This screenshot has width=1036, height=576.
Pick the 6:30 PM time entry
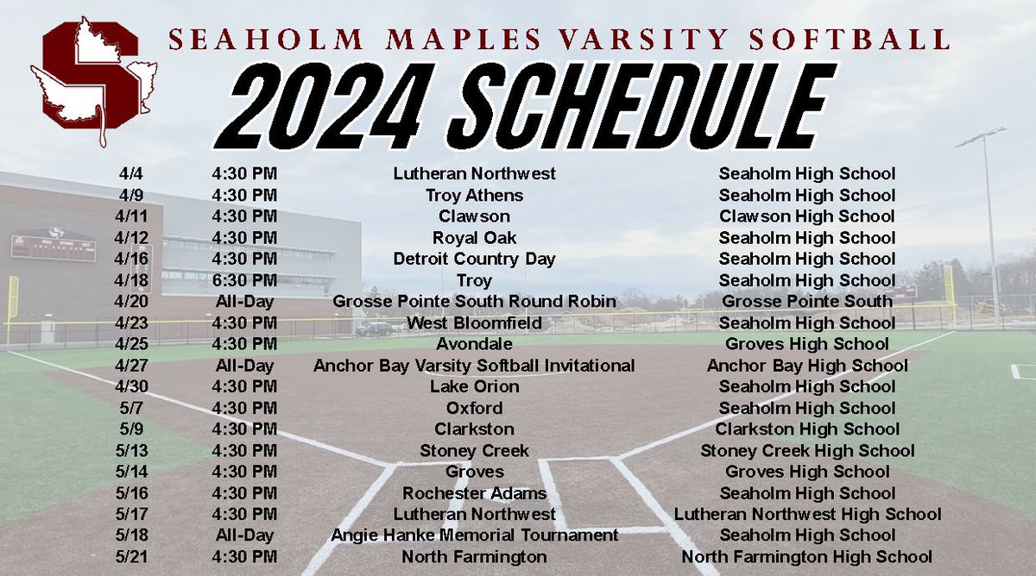(244, 280)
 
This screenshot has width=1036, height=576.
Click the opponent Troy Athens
(474, 195)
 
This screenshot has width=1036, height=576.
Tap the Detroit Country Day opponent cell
(474, 259)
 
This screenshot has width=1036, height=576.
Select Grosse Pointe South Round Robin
(474, 302)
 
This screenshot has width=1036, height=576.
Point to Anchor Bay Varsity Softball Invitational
(474, 366)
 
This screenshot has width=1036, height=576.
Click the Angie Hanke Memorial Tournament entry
(474, 535)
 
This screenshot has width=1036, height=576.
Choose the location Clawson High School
(806, 216)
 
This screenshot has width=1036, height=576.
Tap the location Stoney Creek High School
(806, 450)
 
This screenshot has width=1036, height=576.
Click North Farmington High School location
(806, 557)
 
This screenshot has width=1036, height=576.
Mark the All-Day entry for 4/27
(244, 366)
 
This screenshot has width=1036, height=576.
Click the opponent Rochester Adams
(474, 493)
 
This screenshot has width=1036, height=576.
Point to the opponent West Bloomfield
(474, 322)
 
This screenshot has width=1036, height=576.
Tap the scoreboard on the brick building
(53, 247)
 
